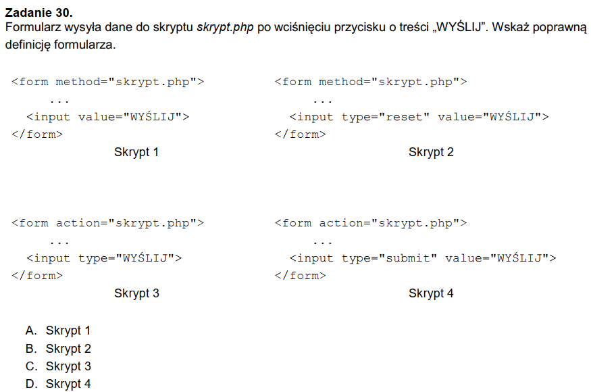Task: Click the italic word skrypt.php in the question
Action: (225, 28)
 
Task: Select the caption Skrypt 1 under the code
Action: (136, 152)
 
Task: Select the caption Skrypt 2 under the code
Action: (431, 152)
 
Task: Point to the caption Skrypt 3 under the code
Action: (136, 293)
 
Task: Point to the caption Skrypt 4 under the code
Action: (431, 293)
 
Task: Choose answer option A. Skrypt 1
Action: (58, 331)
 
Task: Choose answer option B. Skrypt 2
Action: (58, 349)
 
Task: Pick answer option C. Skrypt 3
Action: (58, 366)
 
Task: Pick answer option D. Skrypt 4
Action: (58, 384)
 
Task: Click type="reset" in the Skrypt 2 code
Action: (385, 117)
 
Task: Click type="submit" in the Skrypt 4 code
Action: (389, 258)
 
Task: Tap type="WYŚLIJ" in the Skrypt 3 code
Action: (130, 258)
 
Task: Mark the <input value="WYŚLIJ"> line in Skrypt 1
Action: (107, 117)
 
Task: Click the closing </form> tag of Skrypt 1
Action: (37, 134)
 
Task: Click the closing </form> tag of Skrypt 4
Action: (301, 276)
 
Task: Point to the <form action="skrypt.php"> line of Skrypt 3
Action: (107, 223)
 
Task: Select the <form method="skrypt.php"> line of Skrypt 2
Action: (371, 82)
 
